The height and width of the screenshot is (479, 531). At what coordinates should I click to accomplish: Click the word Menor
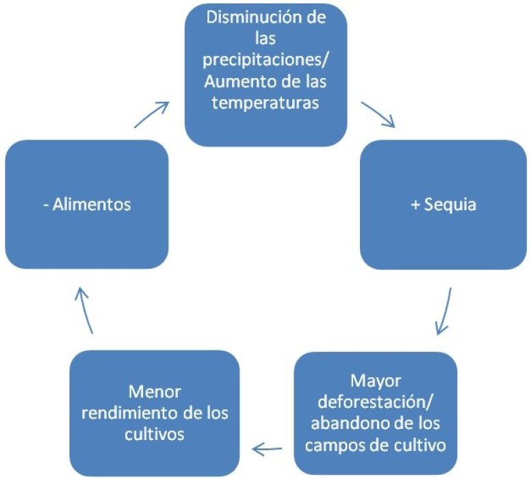click(154, 392)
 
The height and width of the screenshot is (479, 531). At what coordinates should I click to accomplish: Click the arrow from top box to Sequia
click(378, 114)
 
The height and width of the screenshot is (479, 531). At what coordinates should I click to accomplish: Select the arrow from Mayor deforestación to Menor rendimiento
click(268, 449)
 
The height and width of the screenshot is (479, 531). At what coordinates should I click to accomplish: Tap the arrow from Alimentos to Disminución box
click(152, 114)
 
